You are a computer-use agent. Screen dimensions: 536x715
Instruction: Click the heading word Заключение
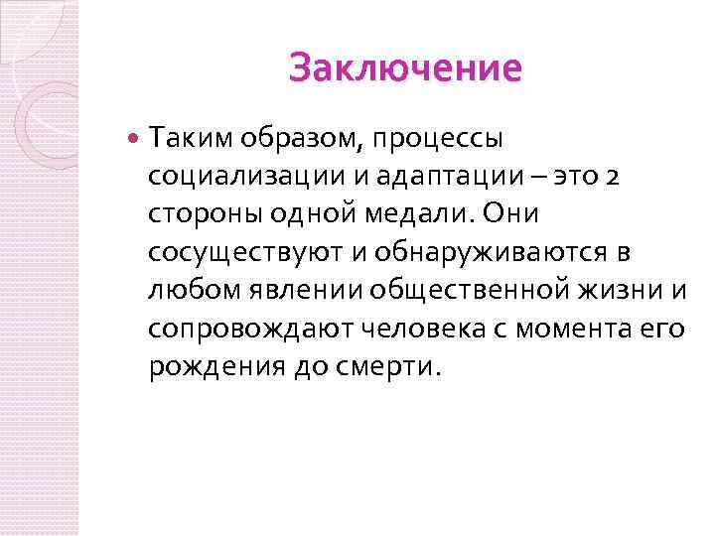coord(405,69)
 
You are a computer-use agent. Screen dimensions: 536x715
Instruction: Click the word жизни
coord(625,291)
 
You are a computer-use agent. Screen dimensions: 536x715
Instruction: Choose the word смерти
coord(385,367)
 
